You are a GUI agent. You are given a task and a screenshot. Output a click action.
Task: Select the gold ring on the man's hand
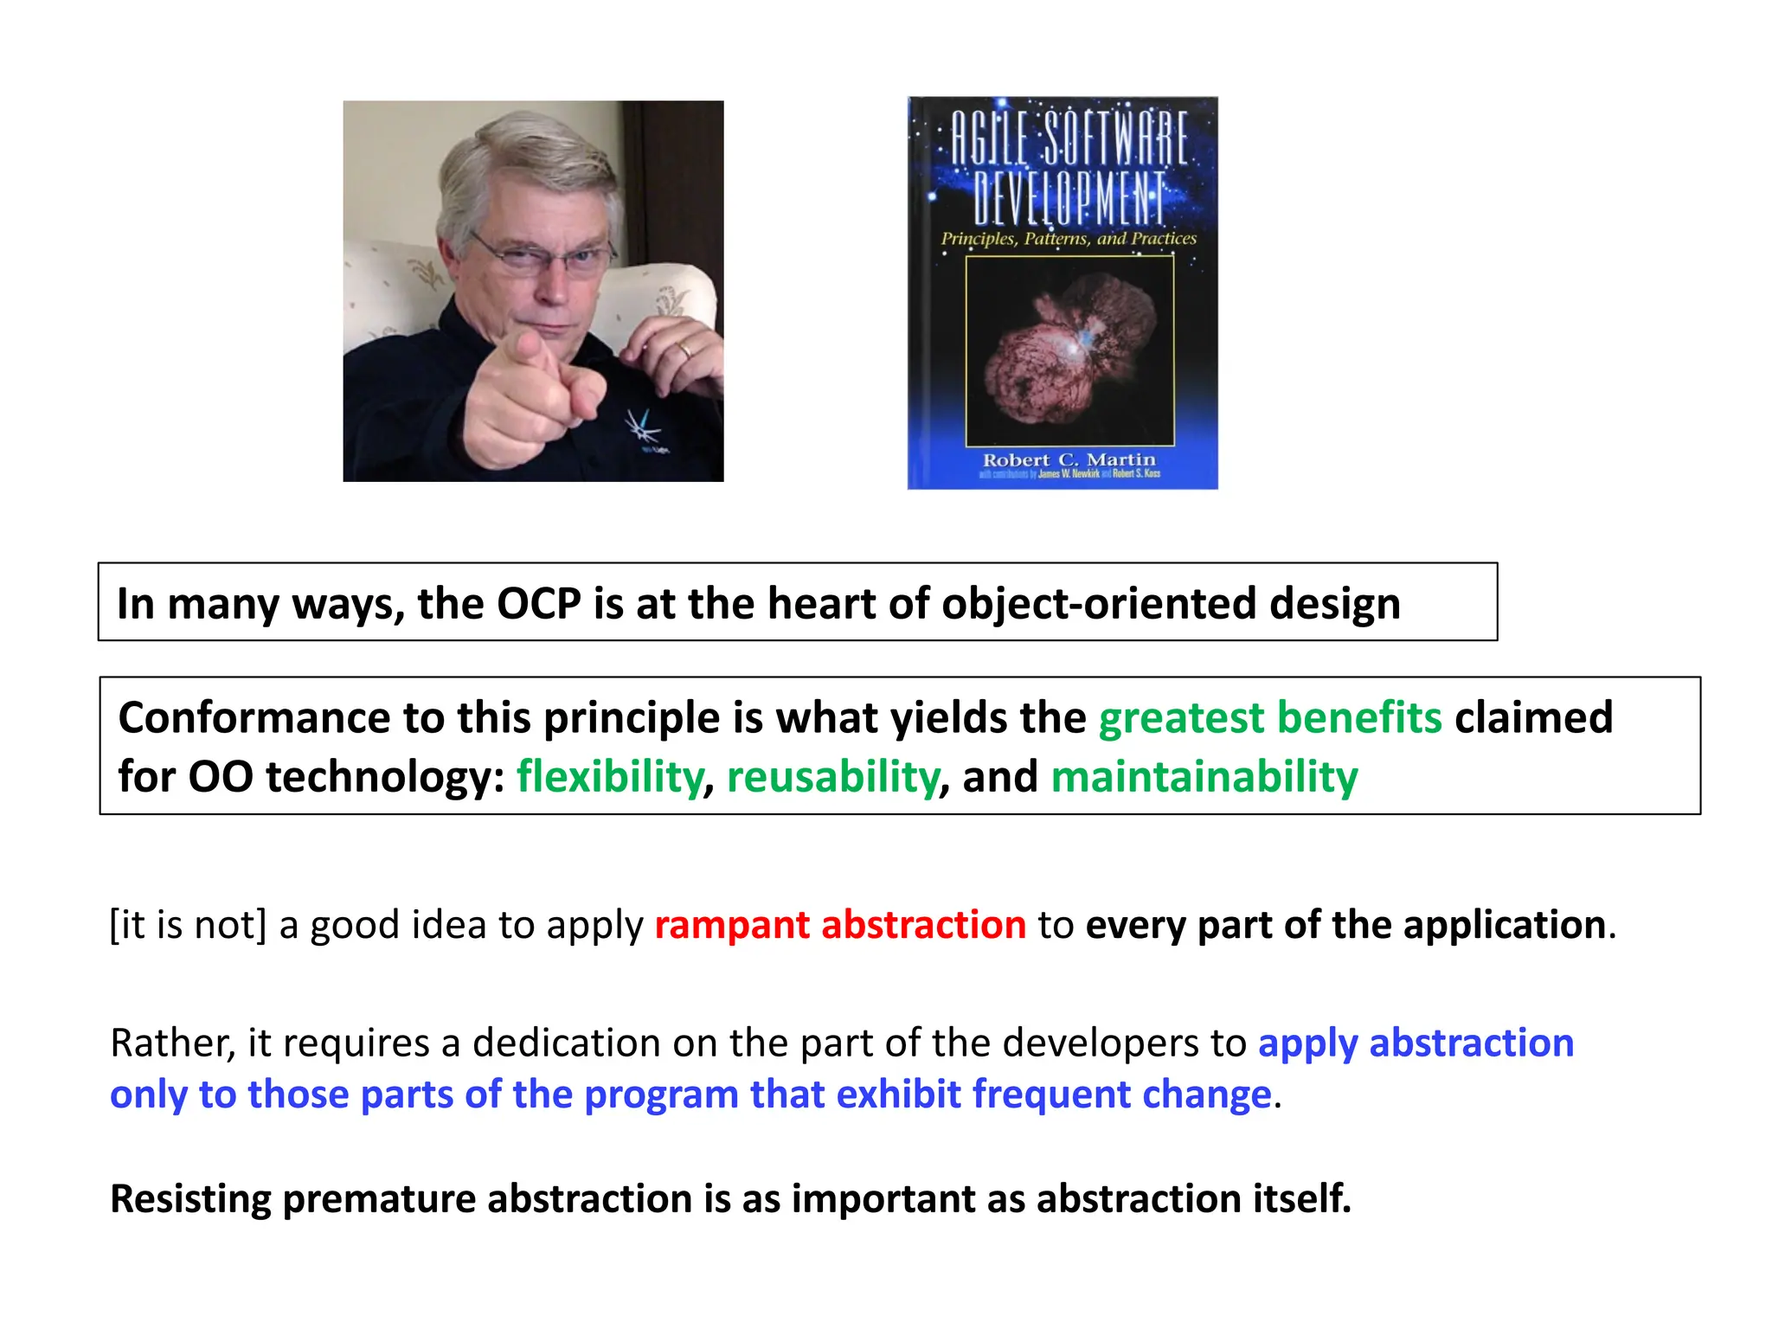(x=684, y=350)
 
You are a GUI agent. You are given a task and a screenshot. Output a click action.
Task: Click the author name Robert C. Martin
(x=1069, y=459)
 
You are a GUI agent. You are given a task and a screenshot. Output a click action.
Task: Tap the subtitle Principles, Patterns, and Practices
(x=1069, y=238)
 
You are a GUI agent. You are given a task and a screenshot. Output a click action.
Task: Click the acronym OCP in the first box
(x=538, y=603)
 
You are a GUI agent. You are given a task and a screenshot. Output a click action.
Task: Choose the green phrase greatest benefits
(x=1269, y=718)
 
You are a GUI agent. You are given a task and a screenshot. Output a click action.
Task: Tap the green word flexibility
(x=610, y=776)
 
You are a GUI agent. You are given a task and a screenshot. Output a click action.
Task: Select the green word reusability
(x=832, y=776)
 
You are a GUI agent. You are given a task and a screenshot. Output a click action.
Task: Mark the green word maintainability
(x=1204, y=776)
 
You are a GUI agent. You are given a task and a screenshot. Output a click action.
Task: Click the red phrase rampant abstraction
(x=840, y=925)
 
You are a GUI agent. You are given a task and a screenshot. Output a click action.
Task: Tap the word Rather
(x=172, y=1043)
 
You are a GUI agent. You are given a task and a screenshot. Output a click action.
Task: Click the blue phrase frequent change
(x=1121, y=1095)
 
